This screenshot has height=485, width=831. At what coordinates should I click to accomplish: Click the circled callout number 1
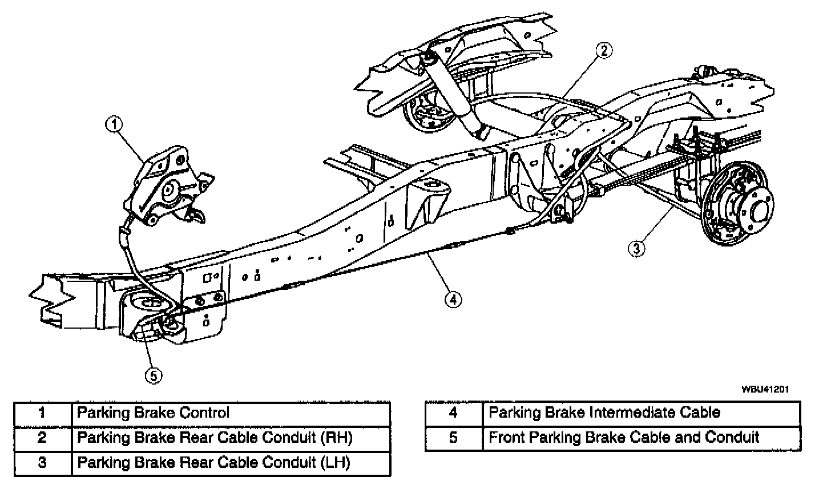pyautogui.click(x=115, y=124)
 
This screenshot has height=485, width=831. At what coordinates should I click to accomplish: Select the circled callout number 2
pyautogui.click(x=604, y=51)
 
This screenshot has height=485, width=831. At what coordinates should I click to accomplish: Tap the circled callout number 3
pyautogui.click(x=636, y=248)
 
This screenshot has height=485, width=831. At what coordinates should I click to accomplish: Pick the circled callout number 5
pyautogui.click(x=153, y=375)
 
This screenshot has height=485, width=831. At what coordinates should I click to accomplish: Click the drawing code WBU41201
pyautogui.click(x=765, y=389)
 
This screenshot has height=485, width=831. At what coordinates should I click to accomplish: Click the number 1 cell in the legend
pyautogui.click(x=43, y=413)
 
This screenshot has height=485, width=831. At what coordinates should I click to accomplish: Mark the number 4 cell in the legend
pyautogui.click(x=453, y=413)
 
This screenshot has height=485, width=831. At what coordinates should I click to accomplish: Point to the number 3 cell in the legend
pyautogui.click(x=43, y=463)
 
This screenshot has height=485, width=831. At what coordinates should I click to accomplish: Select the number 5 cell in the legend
pyautogui.click(x=453, y=438)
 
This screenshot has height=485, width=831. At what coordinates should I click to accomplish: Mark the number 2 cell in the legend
pyautogui.click(x=43, y=438)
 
